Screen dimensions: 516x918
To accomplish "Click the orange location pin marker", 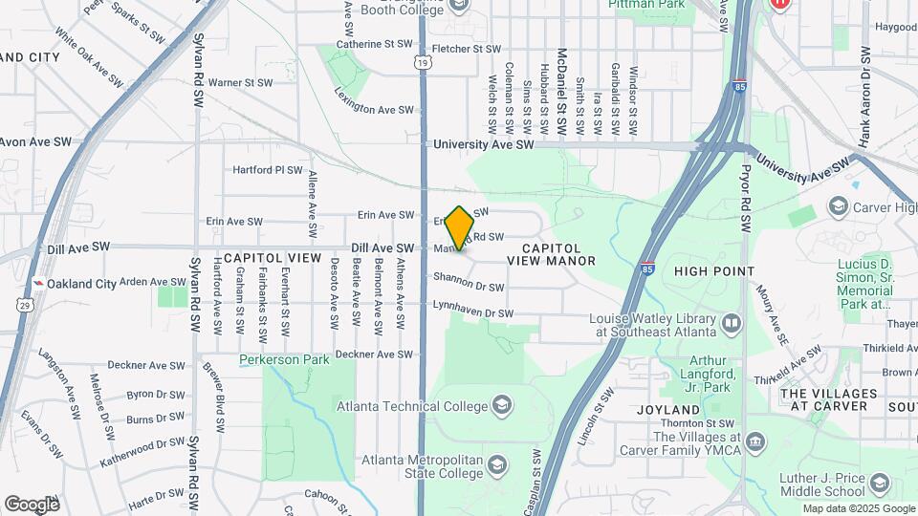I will point(460,226).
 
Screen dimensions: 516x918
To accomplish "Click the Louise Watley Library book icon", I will point(732,324).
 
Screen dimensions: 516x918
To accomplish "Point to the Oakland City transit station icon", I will point(38,284).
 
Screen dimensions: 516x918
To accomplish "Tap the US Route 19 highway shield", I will point(423,62).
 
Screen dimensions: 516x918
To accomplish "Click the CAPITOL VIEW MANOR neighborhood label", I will point(552,253).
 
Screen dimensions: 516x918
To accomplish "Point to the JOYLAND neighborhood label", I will point(668,408).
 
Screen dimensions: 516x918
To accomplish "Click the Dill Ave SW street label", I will point(382,247).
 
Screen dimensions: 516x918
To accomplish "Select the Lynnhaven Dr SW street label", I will point(472,312).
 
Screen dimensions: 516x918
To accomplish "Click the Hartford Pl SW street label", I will point(268,170).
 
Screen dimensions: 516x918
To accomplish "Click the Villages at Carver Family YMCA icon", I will point(755,442).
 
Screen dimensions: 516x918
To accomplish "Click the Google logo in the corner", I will point(32,504).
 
